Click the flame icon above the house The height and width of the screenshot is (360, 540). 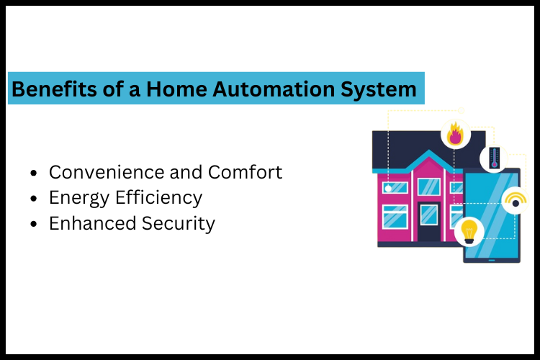455,134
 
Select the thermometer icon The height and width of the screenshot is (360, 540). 494,158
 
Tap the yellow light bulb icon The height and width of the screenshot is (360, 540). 469,230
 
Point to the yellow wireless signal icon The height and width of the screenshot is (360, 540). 516,198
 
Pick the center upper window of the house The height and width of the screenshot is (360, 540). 429,186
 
